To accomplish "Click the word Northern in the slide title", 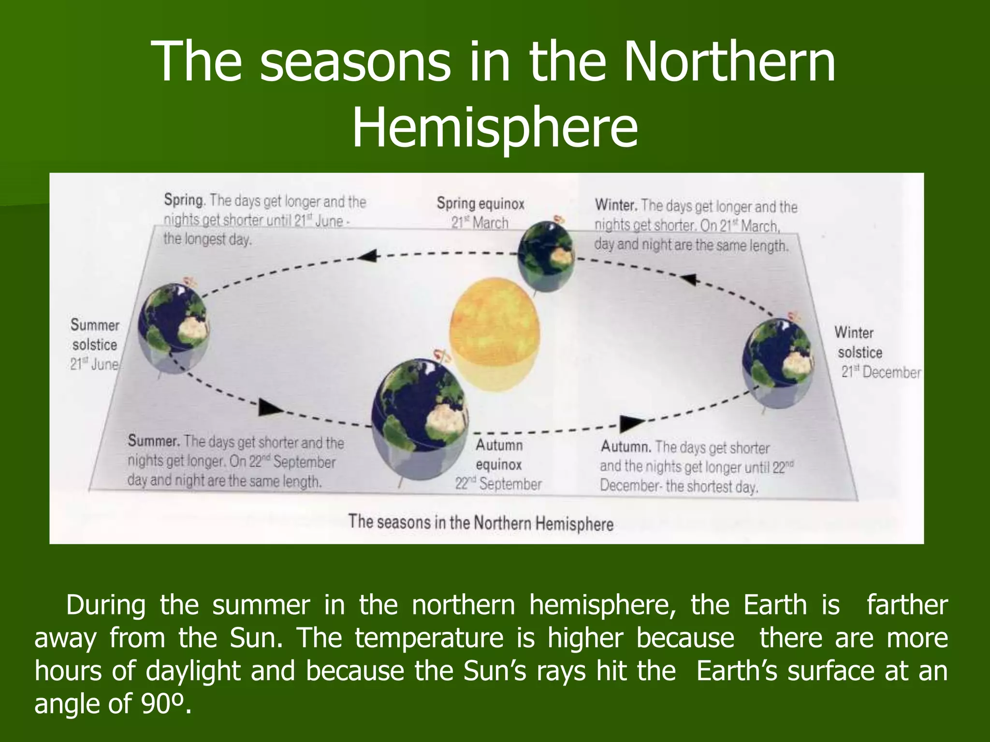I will coord(729,62).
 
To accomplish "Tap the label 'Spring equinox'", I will coord(480,203).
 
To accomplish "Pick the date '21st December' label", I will coord(881,372).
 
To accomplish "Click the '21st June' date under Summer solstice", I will coord(94,364).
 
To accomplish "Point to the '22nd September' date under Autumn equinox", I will coord(498,484).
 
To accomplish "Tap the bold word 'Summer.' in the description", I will coord(154,441).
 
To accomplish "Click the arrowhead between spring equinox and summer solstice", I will coord(368,256).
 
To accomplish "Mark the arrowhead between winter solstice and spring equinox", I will coord(688,280).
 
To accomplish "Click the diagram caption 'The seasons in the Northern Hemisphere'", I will coord(480,523).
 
